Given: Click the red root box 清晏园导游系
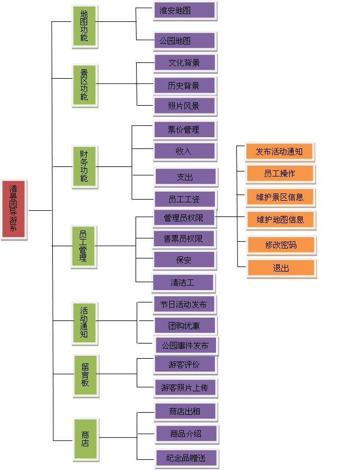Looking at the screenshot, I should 13,209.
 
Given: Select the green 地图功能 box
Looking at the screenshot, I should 84,26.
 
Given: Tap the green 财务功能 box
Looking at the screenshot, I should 84,166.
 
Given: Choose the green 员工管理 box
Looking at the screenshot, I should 83,246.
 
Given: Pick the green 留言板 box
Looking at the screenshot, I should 85,375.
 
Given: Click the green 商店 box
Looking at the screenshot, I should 85,439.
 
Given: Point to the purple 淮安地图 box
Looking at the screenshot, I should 184,11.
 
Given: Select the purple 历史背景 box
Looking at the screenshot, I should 184,85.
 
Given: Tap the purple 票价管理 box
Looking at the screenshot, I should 184,130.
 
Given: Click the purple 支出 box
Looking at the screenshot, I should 185,177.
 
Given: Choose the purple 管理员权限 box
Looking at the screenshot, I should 184,218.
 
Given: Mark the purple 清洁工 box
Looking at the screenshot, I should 183,282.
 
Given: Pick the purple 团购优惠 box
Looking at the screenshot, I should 184,326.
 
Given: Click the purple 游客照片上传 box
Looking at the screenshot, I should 184,387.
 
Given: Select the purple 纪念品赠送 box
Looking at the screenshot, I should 186,458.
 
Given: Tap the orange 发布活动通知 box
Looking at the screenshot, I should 279,152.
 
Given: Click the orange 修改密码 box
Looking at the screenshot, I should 281,245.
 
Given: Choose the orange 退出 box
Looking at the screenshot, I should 281,268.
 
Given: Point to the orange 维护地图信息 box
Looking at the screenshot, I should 280,220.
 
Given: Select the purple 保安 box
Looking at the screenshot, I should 184,260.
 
